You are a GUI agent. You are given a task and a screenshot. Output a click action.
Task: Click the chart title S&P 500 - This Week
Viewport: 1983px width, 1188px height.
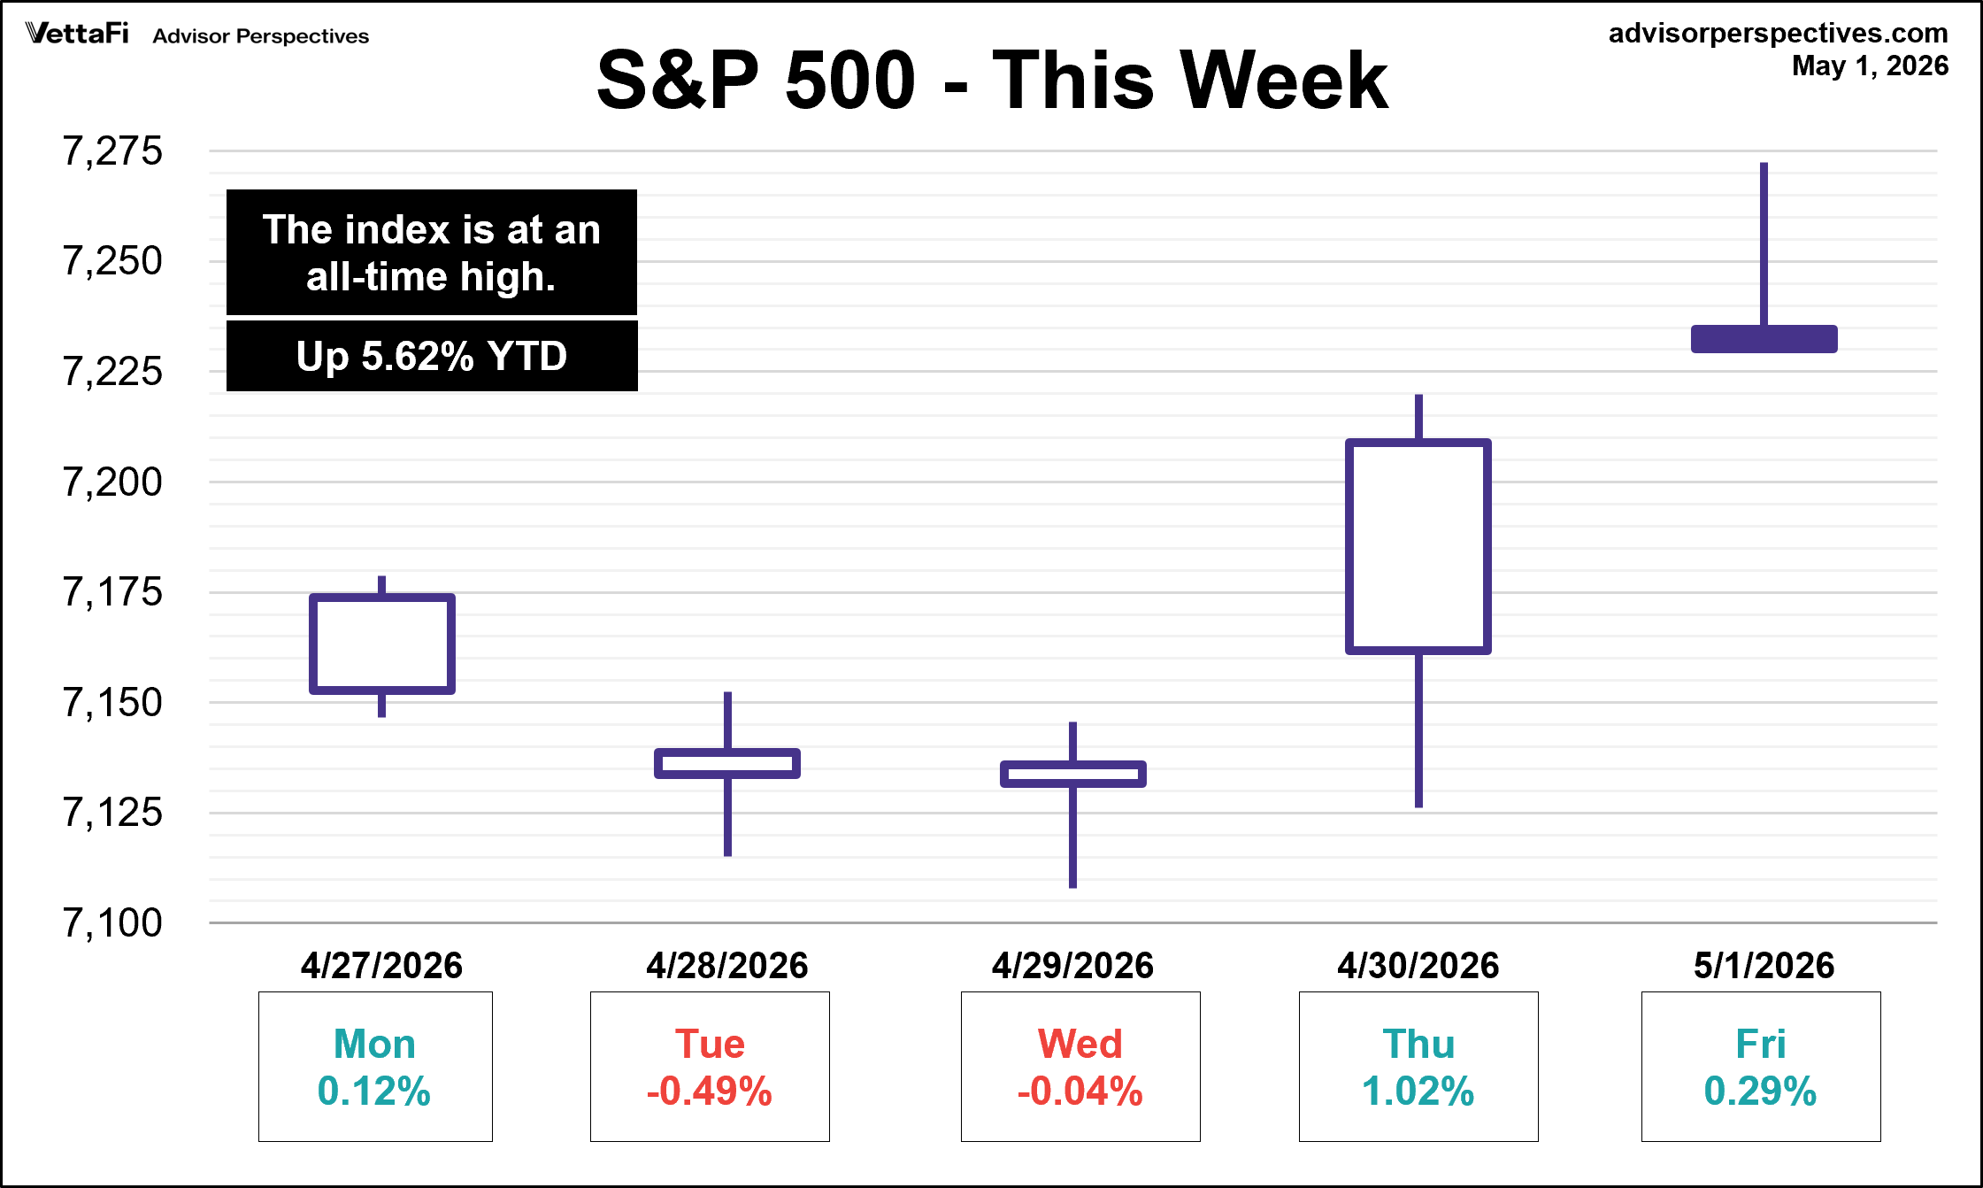click(x=992, y=81)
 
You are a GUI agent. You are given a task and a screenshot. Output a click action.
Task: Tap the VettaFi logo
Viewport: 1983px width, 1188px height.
click(x=77, y=34)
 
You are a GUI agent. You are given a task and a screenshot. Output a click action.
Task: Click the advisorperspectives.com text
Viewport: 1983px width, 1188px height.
click(x=1778, y=33)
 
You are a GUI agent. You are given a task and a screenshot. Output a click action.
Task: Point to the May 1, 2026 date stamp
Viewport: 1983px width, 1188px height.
click(x=1870, y=66)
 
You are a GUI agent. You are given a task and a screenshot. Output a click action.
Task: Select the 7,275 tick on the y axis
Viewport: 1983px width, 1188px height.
click(x=112, y=150)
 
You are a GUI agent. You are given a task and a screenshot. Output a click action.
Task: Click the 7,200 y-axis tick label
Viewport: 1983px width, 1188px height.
click(x=112, y=482)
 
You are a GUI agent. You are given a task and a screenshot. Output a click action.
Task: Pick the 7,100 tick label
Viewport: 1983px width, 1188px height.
click(x=112, y=922)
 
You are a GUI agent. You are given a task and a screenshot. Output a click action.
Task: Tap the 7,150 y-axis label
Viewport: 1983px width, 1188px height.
click(x=112, y=702)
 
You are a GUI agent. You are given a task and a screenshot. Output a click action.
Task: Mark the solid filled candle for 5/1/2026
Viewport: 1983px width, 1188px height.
click(x=1764, y=339)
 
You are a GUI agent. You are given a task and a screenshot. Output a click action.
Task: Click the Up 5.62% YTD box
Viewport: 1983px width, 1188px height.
click(x=432, y=356)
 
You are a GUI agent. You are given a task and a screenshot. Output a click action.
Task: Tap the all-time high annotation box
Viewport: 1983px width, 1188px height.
click(x=432, y=252)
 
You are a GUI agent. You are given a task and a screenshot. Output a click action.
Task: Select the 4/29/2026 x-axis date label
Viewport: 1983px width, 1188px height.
click(x=1072, y=965)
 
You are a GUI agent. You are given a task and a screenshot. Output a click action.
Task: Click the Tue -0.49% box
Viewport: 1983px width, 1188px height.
click(x=710, y=1067)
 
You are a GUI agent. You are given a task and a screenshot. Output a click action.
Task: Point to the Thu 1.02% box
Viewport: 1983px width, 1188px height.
click(x=1418, y=1067)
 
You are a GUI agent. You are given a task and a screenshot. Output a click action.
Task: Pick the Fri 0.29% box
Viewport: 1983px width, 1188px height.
click(x=1761, y=1067)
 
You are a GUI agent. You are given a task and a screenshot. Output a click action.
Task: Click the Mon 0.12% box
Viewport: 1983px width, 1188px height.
click(x=375, y=1067)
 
